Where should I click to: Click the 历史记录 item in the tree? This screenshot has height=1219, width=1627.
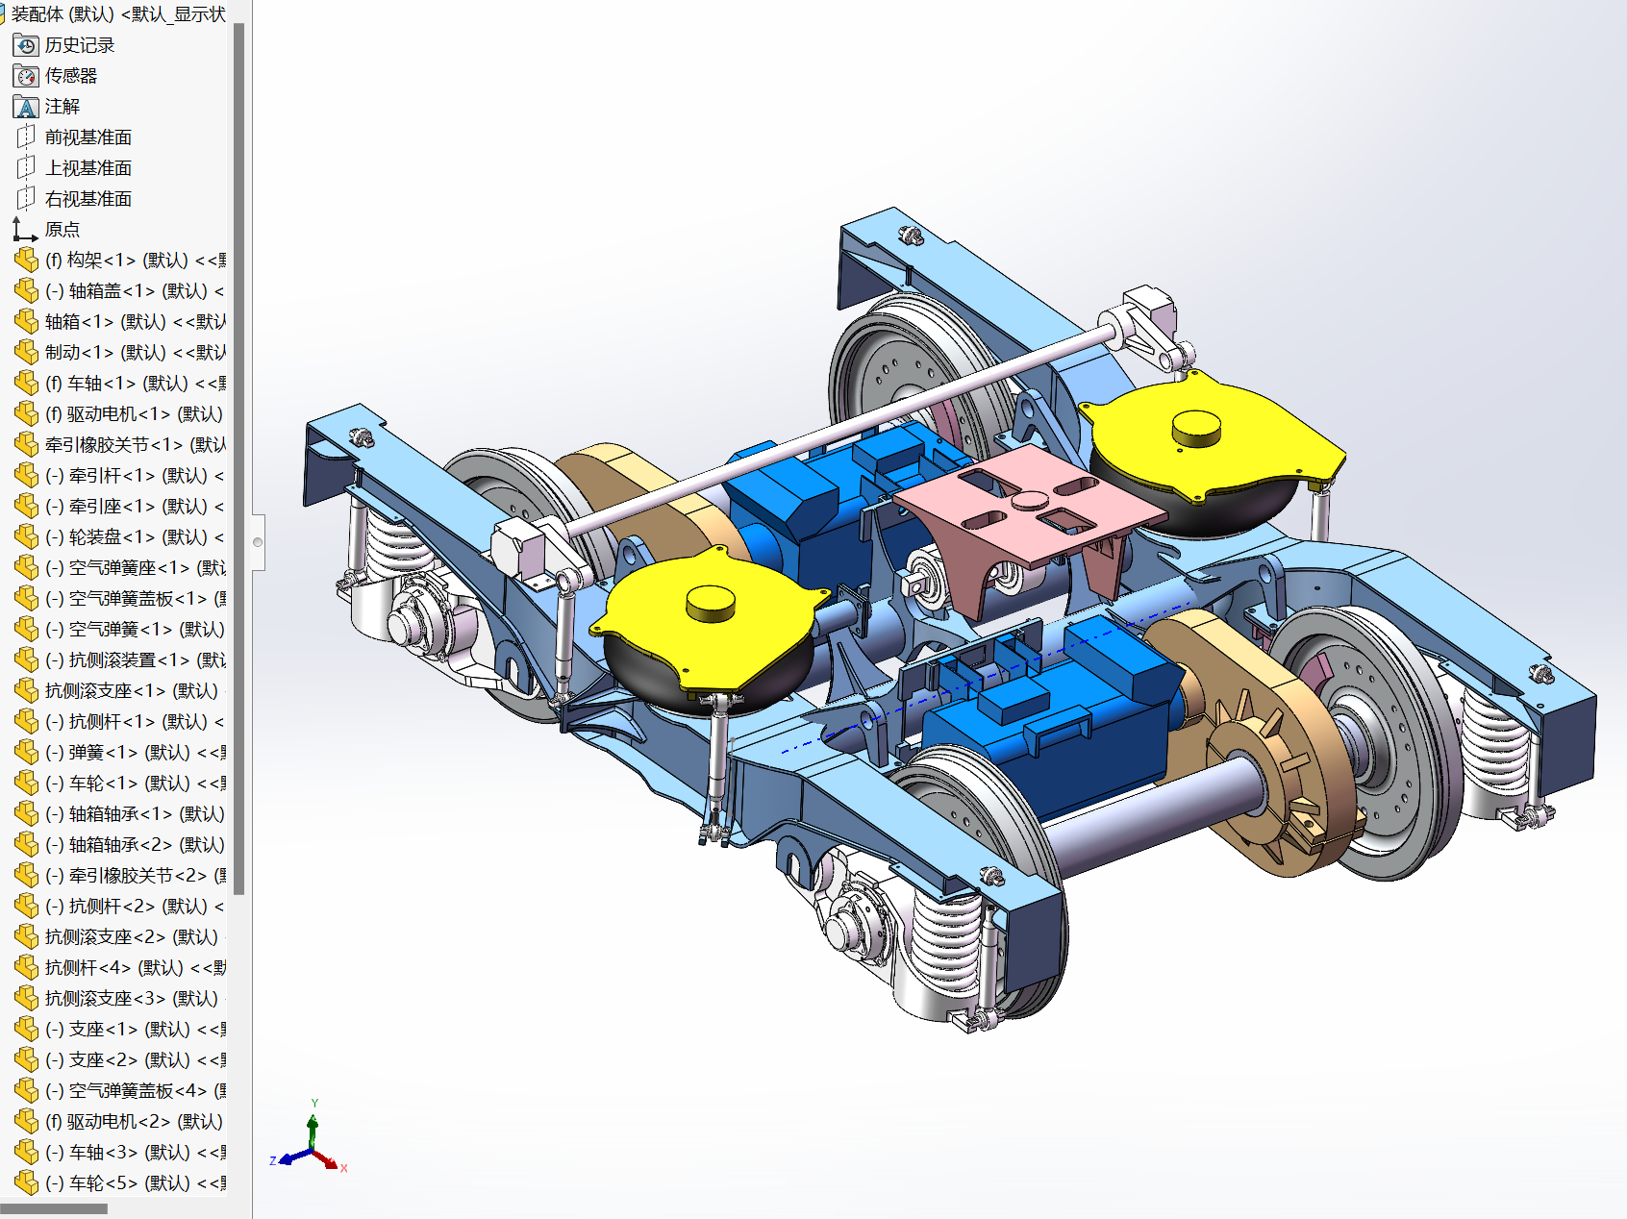(79, 45)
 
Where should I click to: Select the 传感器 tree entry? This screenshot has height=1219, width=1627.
(70, 76)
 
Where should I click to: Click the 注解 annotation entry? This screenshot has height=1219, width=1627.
(62, 107)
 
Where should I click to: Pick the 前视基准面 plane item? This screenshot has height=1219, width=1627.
(88, 137)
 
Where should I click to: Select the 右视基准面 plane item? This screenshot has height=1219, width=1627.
(88, 199)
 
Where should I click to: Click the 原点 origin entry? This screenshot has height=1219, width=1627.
(62, 230)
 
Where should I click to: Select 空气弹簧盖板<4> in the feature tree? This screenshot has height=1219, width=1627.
(135, 1091)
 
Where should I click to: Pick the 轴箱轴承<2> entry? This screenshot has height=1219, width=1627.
(135, 845)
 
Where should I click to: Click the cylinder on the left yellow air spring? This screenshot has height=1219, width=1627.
(711, 603)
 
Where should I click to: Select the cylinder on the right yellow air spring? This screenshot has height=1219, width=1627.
(1196, 427)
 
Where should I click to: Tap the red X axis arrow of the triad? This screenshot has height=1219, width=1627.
(333, 1164)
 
